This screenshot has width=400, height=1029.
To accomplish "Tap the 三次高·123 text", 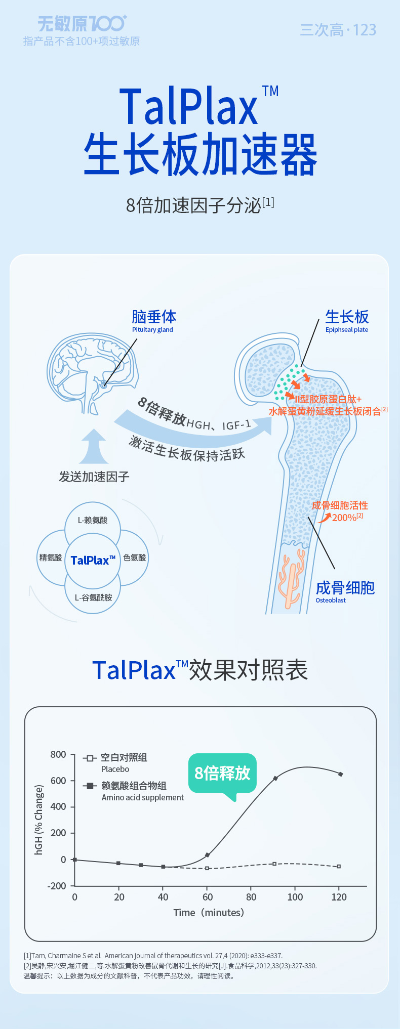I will tap(338, 30).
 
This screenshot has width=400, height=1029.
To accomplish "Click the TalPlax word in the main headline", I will tap(189, 107).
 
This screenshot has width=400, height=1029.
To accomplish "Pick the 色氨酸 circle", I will tap(135, 558).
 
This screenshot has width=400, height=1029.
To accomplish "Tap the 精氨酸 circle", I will tap(51, 558).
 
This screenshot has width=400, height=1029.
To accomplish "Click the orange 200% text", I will tap(344, 518).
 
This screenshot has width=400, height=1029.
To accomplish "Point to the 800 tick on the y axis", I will tap(58, 755).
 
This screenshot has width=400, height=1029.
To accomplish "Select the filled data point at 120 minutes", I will tap(340, 774).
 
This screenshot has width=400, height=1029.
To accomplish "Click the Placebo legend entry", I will tap(115, 763).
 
